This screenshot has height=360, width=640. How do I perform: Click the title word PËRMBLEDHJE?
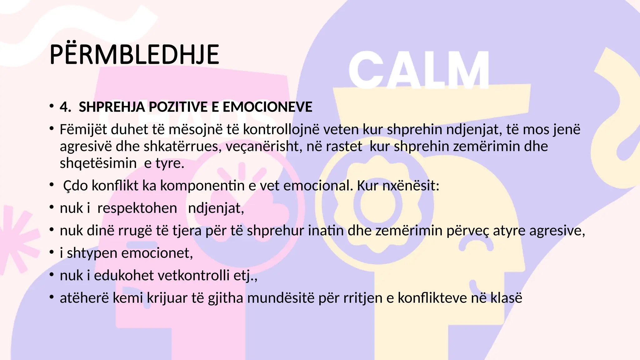[134, 55]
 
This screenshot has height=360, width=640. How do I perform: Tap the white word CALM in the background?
[419, 70]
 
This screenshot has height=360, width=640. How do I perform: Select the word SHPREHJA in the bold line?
[112, 107]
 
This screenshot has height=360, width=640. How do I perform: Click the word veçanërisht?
[264, 147]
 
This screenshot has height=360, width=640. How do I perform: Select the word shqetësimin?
[98, 163]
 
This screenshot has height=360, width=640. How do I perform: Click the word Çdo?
[75, 186]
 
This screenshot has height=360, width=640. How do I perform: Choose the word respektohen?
[137, 208]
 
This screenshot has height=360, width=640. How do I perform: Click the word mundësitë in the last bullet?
[281, 298]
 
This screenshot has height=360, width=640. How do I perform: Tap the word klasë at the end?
[506, 298]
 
